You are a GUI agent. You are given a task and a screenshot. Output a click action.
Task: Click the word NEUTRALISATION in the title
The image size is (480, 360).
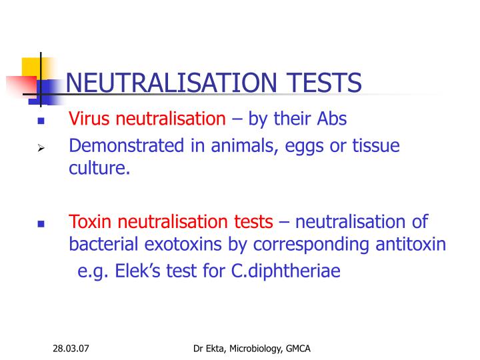click(171, 83)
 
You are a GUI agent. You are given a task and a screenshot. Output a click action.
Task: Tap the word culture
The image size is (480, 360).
click(99, 168)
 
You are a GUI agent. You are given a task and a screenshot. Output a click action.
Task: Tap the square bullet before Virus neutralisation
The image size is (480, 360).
click(41, 122)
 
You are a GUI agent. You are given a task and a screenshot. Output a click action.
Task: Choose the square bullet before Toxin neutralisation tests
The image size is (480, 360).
click(41, 224)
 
